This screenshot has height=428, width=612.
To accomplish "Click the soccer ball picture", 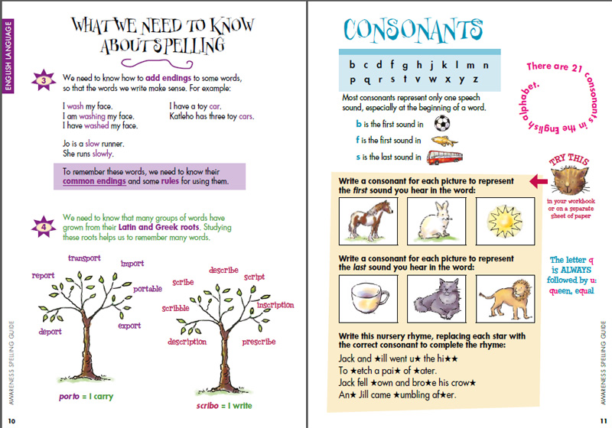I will [442, 123].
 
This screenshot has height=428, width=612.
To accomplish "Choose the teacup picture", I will [370, 297].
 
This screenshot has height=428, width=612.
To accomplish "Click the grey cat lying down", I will [438, 298].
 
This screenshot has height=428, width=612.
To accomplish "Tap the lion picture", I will [505, 297].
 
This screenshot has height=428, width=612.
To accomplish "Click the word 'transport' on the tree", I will [84, 258].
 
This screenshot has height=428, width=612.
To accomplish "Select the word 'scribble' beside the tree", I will [175, 309].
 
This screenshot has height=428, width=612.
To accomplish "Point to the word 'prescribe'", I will [259, 342].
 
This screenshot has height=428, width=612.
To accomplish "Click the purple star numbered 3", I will [45, 80].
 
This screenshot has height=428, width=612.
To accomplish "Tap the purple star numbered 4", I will [45, 225].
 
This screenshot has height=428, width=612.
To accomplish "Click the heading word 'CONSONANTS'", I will [413, 31].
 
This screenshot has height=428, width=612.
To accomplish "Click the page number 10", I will [11, 420].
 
